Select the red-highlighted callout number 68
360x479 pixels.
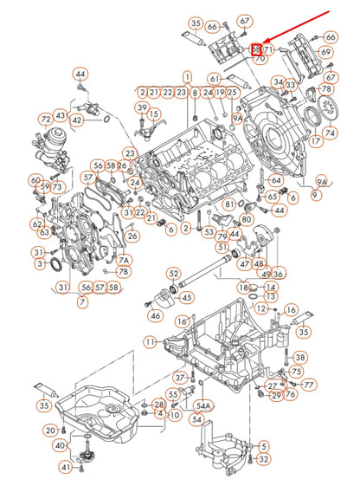pyautogui.click(x=256, y=50)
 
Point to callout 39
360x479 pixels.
pyautogui.click(x=142, y=107)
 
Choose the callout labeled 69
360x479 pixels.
pyautogui.click(x=325, y=52)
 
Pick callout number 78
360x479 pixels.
pyautogui.click(x=326, y=89)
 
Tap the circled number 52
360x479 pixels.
pyautogui.click(x=174, y=274)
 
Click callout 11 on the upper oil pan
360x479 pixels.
pyautogui.click(x=151, y=343)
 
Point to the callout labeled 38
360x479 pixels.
pyautogui.click(x=300, y=357)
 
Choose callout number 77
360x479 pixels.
pyautogui.click(x=309, y=384)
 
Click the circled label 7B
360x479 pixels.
pyautogui.click(x=124, y=272)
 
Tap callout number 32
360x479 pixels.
pyautogui.click(x=264, y=459)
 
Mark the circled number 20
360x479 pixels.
pyautogui.click(x=50, y=430)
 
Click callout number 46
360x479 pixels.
pyautogui.click(x=155, y=316)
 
